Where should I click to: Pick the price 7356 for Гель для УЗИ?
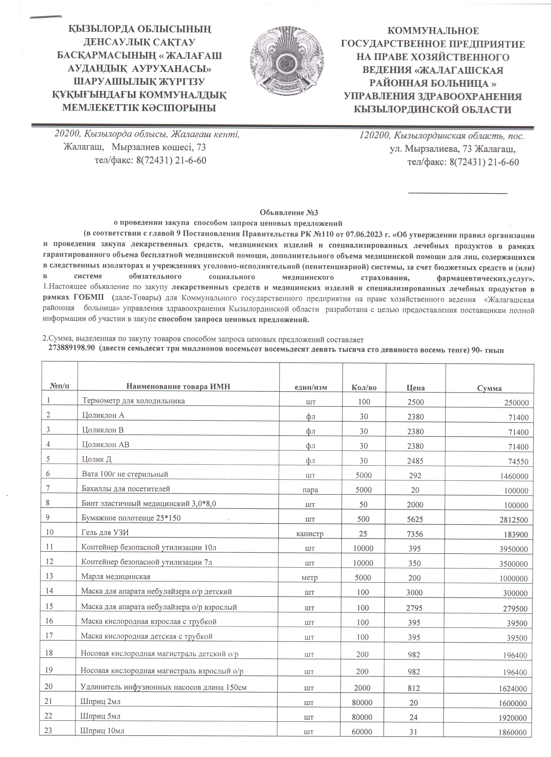tap(415, 534)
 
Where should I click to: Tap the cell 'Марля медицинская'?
tap(116, 576)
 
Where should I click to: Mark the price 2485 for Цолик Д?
tap(415, 461)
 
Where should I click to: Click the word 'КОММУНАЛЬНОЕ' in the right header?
tap(433, 31)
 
